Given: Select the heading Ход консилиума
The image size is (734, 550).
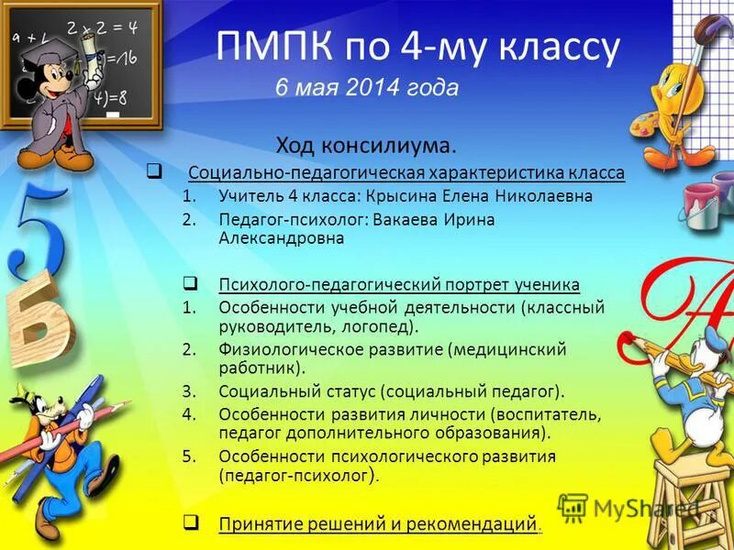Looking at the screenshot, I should click(367, 146).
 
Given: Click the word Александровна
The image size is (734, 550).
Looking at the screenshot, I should click(281, 237).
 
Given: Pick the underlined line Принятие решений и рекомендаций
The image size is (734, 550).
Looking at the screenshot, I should click(377, 524).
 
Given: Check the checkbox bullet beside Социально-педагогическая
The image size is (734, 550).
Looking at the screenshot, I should click(155, 171).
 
